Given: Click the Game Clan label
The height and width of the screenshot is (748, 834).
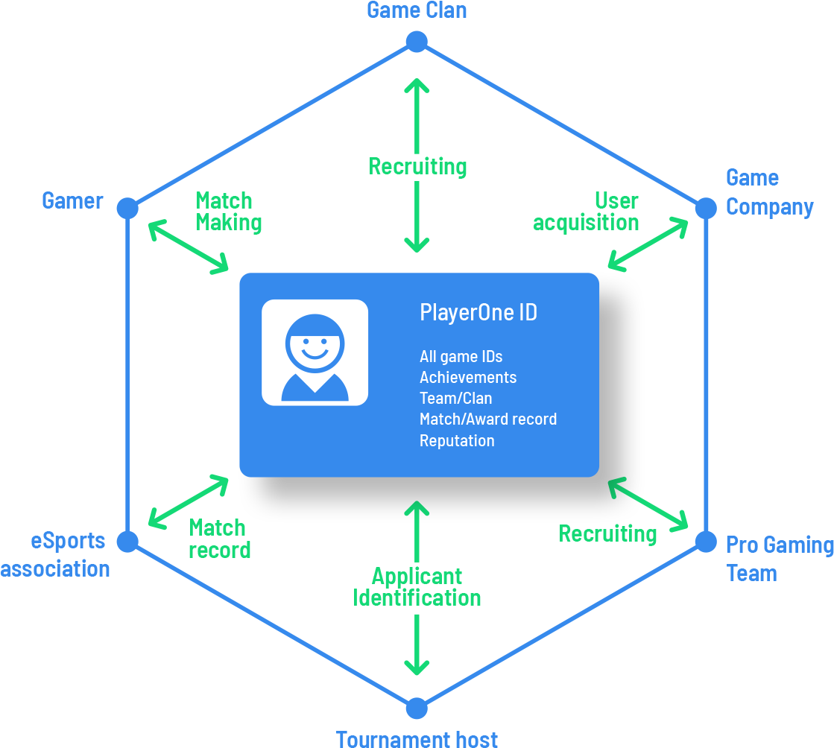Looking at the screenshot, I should [x=417, y=10].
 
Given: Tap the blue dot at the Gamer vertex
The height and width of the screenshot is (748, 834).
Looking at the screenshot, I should [x=127, y=209].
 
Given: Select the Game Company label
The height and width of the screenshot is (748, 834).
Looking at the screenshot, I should [x=768, y=192].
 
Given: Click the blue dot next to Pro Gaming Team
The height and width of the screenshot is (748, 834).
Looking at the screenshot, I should [x=705, y=542].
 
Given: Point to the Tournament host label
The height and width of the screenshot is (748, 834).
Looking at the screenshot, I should [x=417, y=738].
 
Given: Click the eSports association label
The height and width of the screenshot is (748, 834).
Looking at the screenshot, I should [x=56, y=554].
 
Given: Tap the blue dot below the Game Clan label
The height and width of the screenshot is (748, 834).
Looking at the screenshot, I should [x=417, y=42].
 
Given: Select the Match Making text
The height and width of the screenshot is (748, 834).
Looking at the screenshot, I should [x=227, y=212].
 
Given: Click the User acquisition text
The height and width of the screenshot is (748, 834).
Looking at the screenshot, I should [x=587, y=212].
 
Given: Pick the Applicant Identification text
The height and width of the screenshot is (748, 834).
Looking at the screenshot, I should [x=417, y=586].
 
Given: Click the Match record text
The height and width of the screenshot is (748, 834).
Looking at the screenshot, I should [x=218, y=539].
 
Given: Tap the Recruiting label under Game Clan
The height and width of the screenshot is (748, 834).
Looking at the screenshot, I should [x=417, y=166].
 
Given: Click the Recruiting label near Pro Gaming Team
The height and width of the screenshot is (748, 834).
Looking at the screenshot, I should [x=607, y=533].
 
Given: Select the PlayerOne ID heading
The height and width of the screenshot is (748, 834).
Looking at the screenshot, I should [x=478, y=312].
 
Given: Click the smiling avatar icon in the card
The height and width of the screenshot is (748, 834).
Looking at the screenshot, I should [x=315, y=352].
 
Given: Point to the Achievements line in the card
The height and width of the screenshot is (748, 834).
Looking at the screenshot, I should [x=467, y=377].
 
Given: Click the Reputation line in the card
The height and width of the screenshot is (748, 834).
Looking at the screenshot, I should [x=456, y=440].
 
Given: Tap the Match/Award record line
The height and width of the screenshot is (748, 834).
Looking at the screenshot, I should [x=487, y=419].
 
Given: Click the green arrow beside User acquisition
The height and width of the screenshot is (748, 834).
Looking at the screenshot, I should [x=648, y=243].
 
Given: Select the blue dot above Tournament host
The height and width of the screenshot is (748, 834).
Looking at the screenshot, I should [x=417, y=708].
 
